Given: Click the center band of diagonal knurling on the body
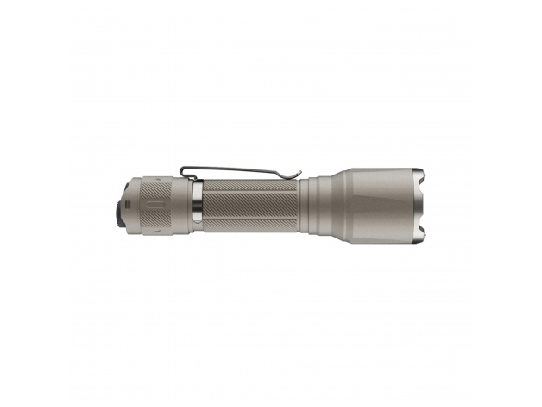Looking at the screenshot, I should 250,206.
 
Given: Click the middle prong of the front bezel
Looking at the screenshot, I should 424,206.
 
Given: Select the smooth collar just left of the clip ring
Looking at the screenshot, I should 185,206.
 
